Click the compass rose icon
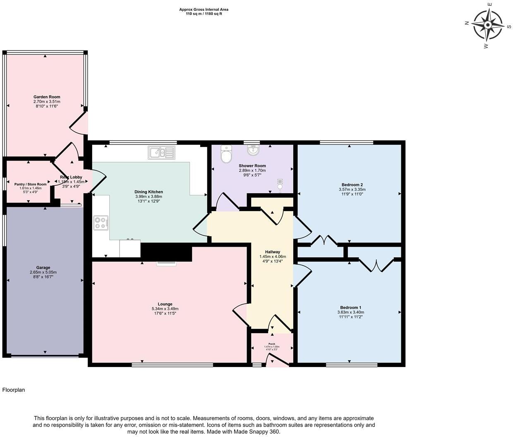coord(488,25)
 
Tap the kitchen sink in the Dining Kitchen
coord(162,153)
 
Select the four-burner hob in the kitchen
coord(101,223)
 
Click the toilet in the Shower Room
coord(226,154)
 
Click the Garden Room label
coord(47,97)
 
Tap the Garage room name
coord(43,267)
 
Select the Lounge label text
coord(165,304)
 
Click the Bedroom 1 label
coord(350,307)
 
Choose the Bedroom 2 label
coord(352,185)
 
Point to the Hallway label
coord(273,252)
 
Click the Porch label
coord(272,344)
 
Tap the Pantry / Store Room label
coord(31,184)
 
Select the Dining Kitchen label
coord(149,192)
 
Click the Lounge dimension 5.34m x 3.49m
coord(165,309)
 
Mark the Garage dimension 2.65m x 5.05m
coord(43,272)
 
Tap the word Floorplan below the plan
coord(14,390)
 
